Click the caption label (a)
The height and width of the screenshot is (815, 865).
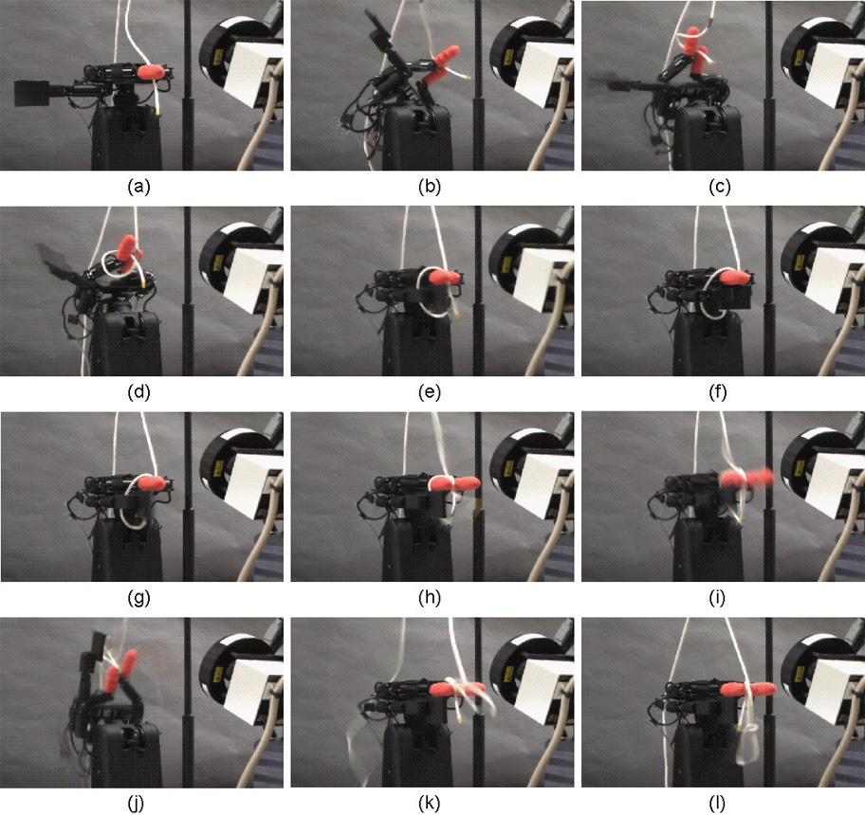(x=138, y=188)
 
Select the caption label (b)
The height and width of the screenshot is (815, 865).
(x=430, y=188)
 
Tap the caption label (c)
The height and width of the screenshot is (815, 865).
(x=719, y=188)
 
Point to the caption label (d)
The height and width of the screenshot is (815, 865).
(x=138, y=392)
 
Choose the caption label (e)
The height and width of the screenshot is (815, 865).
(x=430, y=392)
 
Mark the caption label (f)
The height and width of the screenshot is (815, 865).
(x=718, y=392)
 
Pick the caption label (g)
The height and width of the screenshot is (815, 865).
(x=138, y=598)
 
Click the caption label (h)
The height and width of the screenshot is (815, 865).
(x=430, y=598)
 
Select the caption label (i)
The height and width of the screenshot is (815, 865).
(x=717, y=598)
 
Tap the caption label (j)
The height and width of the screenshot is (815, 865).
(x=136, y=804)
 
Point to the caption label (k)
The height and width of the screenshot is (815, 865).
(x=430, y=804)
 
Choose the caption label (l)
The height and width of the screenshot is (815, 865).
(x=717, y=804)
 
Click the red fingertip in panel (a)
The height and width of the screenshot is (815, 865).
(x=151, y=72)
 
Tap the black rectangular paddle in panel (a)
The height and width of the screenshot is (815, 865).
(x=32, y=93)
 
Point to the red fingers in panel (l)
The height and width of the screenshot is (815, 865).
(x=748, y=689)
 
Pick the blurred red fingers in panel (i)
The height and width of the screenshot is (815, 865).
(x=745, y=478)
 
